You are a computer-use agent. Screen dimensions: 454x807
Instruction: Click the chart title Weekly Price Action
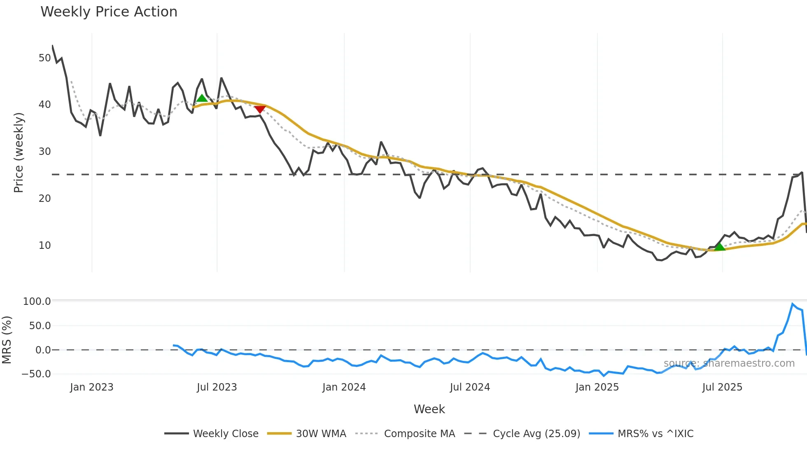[x=109, y=12]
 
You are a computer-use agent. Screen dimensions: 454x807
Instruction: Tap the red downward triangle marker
[x=260, y=109]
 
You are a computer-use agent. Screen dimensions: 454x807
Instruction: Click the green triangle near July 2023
[x=202, y=98]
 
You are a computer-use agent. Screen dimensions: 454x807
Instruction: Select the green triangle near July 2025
[x=719, y=247]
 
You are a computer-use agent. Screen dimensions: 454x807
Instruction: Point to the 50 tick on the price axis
[x=44, y=58]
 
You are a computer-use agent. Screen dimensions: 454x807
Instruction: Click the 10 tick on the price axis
[x=44, y=246]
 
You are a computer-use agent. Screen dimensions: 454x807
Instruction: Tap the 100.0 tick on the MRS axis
[x=37, y=302]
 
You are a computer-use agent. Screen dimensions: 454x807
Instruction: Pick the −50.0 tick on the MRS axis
[x=36, y=374]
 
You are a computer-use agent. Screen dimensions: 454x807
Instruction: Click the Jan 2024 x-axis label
[x=344, y=387]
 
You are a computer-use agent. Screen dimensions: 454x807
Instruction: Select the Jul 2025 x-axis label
[x=722, y=387]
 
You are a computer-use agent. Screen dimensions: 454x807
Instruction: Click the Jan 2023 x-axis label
[x=91, y=387]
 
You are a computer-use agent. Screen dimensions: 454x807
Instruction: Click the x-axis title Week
[x=429, y=409]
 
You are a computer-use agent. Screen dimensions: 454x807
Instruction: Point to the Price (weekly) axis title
[x=19, y=152]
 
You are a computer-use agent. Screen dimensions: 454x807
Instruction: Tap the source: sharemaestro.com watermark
[x=729, y=363]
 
